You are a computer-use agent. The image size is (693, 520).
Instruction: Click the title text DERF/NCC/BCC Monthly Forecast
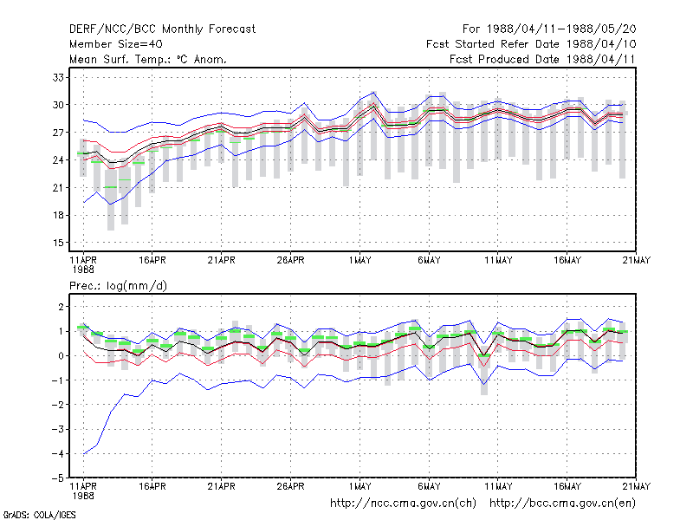point(162,29)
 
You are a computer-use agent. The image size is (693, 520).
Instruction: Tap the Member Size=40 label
point(116,44)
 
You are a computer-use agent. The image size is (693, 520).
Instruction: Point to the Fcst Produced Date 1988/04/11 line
point(542,59)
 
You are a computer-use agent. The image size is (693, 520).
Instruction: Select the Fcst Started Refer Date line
point(531,44)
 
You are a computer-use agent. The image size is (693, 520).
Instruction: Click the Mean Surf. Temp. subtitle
point(147,59)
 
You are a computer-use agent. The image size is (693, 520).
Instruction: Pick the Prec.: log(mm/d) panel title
point(118,286)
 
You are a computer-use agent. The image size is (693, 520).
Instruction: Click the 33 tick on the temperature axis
point(58,77)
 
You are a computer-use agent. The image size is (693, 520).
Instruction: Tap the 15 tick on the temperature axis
point(58,243)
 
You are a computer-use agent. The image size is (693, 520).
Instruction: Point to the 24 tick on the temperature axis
point(58,160)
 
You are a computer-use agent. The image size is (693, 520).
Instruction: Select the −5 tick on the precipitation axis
point(58,478)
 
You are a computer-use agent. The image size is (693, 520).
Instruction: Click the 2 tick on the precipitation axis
point(61,307)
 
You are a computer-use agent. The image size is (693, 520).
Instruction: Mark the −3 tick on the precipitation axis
point(58,429)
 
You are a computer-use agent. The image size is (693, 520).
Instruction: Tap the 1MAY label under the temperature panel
point(359,261)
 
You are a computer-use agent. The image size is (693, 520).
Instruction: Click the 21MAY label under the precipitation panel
point(637,486)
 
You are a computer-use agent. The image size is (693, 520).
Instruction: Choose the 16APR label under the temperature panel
point(152,261)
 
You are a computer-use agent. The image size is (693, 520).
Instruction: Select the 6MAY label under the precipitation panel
point(429,486)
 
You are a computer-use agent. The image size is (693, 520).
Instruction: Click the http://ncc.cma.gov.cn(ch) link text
point(403,504)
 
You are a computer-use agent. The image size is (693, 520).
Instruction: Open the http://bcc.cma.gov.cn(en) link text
point(562,504)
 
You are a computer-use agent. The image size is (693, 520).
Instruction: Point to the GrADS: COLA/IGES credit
point(39,515)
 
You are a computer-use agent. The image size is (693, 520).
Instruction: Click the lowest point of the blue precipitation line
point(83,454)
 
